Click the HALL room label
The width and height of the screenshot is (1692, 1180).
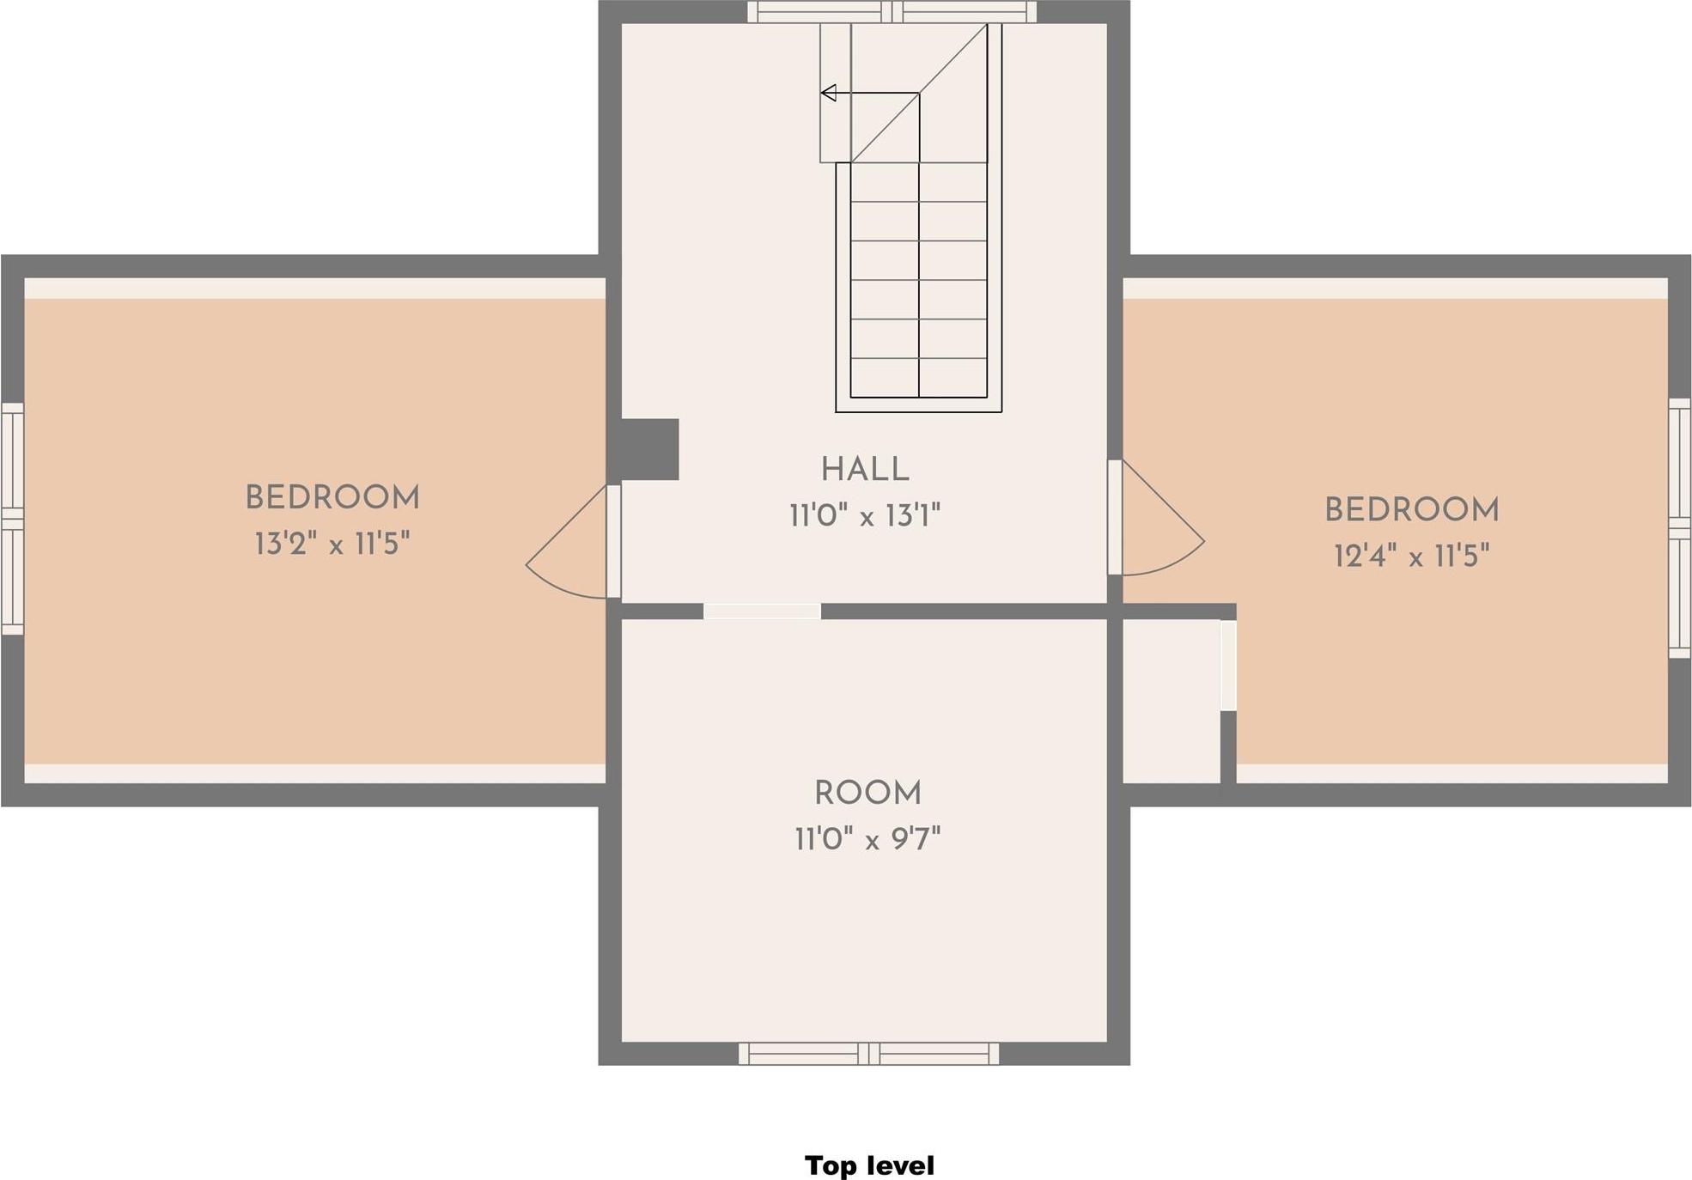click(864, 470)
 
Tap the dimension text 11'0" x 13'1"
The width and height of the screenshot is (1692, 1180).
click(865, 516)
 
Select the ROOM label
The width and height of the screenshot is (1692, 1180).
click(867, 793)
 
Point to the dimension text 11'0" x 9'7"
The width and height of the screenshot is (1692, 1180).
click(867, 838)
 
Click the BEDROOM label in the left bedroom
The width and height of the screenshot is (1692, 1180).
click(332, 497)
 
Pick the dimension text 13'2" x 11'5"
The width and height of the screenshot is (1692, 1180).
click(332, 544)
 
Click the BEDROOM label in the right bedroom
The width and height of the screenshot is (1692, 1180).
click(1411, 509)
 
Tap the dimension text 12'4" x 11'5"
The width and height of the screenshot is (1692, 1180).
click(1411, 556)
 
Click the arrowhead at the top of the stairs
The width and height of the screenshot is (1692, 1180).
click(828, 93)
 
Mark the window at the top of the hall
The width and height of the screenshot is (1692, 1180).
click(892, 12)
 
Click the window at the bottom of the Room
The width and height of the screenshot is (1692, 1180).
click(868, 1054)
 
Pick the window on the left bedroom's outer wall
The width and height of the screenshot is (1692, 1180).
click(12, 519)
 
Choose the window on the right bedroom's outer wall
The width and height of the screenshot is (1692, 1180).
click(1679, 527)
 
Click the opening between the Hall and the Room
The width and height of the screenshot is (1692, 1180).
click(762, 611)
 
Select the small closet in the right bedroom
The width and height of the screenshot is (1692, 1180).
click(1171, 700)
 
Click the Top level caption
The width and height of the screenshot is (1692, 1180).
click(869, 1165)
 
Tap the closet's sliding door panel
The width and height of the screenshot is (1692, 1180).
click(1228, 666)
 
